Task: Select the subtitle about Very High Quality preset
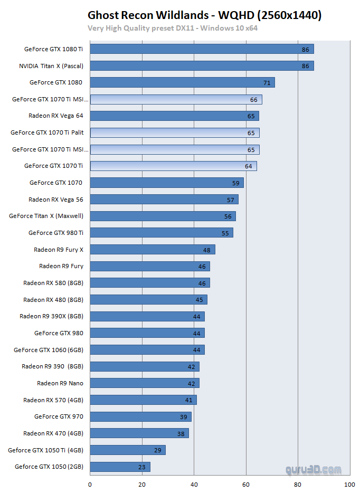click(173, 28)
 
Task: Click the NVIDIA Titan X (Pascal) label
click(51, 66)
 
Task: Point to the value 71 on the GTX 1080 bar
click(267, 82)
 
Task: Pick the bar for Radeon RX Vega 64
click(174, 116)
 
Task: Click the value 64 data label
click(248, 166)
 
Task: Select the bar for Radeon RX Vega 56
click(164, 200)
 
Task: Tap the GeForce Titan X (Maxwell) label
click(46, 216)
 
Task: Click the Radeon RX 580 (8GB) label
click(53, 283)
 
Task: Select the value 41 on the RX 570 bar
click(188, 400)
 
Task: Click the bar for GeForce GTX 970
click(140, 417)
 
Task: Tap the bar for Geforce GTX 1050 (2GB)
click(120, 467)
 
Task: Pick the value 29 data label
click(157, 450)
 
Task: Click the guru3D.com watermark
click(313, 469)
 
